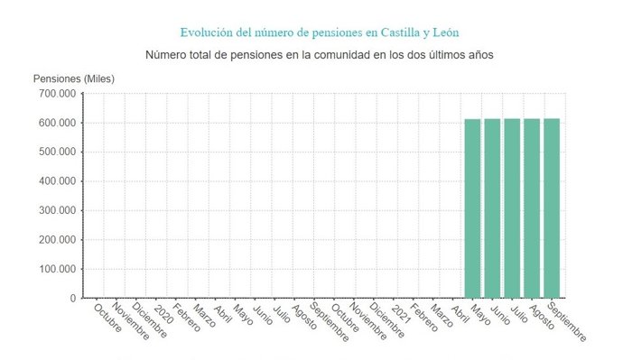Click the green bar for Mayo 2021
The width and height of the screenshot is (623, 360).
click(472, 208)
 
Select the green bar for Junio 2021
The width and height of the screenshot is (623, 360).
click(492, 208)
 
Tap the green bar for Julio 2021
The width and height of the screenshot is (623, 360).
click(512, 208)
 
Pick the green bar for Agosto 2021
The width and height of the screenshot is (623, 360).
click(532, 208)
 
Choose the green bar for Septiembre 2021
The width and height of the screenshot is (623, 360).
click(552, 208)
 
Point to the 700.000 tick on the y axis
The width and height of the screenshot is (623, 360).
click(56, 93)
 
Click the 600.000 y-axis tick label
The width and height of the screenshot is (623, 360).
click(56, 123)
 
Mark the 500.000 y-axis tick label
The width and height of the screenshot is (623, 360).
click(56, 152)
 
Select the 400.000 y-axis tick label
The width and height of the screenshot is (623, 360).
click(56, 181)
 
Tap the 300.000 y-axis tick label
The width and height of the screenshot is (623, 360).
click(56, 210)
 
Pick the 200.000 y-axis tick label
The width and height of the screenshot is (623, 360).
click(56, 239)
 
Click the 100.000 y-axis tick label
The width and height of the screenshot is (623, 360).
click(56, 269)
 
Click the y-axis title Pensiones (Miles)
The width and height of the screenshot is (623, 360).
click(74, 78)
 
